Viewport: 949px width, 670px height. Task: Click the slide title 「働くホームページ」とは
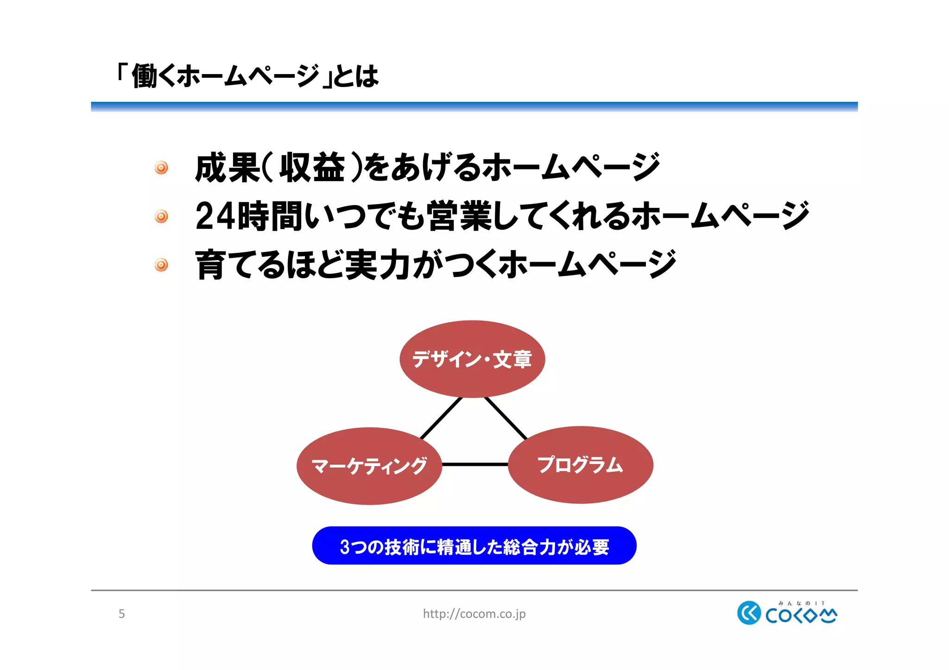[x=248, y=76]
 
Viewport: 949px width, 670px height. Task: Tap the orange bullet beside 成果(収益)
[x=161, y=168]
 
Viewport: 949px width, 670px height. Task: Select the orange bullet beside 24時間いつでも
[x=161, y=216]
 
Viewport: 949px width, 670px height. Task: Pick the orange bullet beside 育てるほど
[x=161, y=265]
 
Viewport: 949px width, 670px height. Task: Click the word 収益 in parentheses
[x=312, y=168]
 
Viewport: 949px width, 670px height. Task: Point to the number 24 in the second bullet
[x=215, y=216]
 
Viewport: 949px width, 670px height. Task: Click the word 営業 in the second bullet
[x=459, y=216]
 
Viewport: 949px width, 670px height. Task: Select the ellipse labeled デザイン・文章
[x=472, y=359]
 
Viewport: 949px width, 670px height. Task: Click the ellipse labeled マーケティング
[x=369, y=466]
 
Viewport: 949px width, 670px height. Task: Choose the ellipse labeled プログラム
[x=580, y=465]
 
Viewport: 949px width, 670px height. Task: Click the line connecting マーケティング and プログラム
[x=474, y=464]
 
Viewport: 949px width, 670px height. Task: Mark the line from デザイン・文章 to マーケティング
[x=441, y=418]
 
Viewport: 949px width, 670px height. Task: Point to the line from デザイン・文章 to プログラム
[x=506, y=418]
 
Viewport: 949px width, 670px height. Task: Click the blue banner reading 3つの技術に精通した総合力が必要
[x=474, y=546]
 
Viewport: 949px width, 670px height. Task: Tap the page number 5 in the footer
[x=121, y=614]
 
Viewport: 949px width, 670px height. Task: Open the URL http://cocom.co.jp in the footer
[x=474, y=614]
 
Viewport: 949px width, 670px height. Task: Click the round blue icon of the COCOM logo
[x=748, y=613]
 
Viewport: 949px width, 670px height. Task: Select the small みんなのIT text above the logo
[x=801, y=603]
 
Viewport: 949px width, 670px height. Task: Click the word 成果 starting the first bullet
[x=227, y=168]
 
